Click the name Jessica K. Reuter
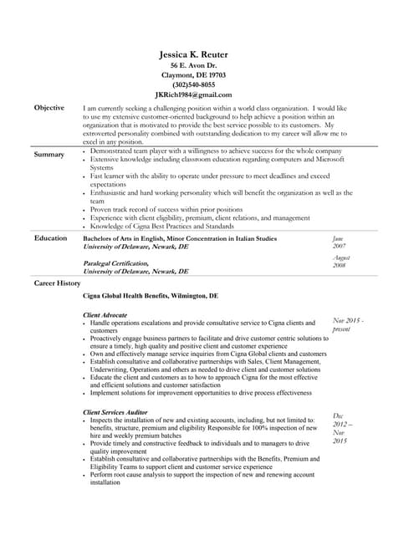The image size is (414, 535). tap(193, 54)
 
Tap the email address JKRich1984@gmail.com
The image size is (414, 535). tap(193, 95)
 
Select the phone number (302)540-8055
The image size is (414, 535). tap(193, 85)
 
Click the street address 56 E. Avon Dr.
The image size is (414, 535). tap(193, 65)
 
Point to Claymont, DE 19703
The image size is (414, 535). tap(193, 75)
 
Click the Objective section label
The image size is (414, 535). tap(49, 109)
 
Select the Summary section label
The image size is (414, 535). tap(49, 155)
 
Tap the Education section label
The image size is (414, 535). tap(50, 238)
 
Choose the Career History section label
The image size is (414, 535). tap(57, 284)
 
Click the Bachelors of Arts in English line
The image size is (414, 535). tap(179, 239)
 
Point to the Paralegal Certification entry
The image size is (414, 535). tap(116, 263)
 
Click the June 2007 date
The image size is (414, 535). tap(339, 242)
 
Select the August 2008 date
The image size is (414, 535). tap(340, 262)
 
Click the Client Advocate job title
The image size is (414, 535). tap(105, 314)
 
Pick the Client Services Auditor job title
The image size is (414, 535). tap(116, 412)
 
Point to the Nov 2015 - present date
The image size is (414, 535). tap(348, 324)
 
